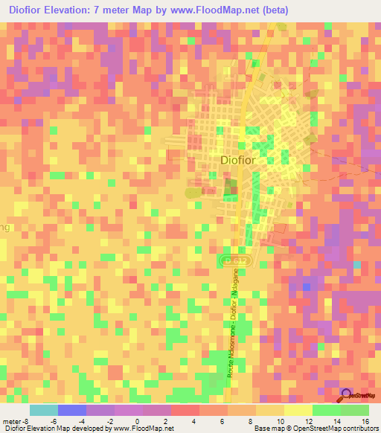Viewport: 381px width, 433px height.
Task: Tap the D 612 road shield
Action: pyautogui.click(x=232, y=259)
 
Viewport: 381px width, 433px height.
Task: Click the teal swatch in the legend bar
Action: pyautogui.click(x=44, y=410)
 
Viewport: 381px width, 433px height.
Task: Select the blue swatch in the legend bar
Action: pyautogui.click(x=72, y=410)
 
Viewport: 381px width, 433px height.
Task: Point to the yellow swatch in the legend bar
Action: pyautogui.click(x=298, y=410)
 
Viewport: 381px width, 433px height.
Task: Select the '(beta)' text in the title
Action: pyautogui.click(x=281, y=10)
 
